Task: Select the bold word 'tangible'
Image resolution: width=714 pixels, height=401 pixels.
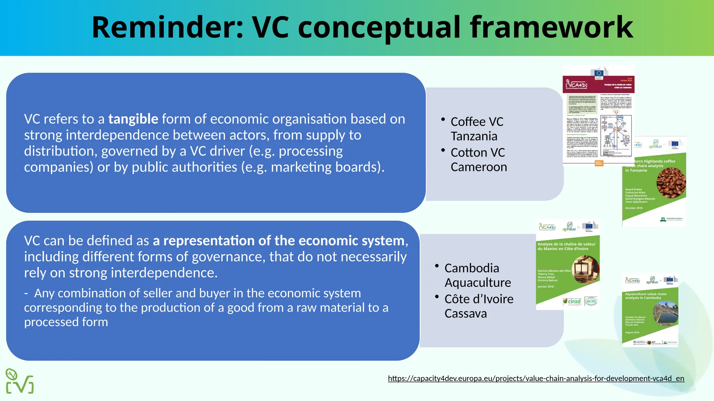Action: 133,119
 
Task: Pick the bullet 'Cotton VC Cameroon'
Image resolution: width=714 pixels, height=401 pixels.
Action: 478,160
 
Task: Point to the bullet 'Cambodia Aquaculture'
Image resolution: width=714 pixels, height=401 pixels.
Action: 478,275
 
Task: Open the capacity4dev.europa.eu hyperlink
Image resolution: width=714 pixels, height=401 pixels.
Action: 536,378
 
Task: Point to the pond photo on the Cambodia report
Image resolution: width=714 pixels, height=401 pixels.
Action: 665,313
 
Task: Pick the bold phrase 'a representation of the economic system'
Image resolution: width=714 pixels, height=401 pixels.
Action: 279,241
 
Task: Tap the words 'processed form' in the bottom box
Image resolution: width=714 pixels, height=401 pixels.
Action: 66,322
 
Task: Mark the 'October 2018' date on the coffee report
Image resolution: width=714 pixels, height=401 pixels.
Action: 633,208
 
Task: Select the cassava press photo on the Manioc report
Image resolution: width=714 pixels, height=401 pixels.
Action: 585,270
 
